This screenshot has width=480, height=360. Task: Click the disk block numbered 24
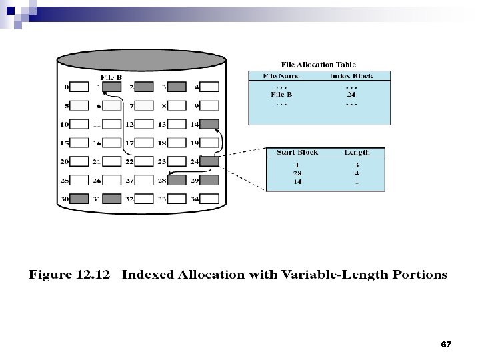(x=209, y=161)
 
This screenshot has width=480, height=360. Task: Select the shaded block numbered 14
(x=209, y=124)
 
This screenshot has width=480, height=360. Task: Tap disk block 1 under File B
(x=112, y=87)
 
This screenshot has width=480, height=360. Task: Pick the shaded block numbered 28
(x=176, y=180)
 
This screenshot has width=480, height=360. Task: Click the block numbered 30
(x=79, y=198)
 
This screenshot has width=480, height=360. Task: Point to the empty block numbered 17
(x=144, y=143)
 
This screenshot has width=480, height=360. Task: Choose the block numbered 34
(x=209, y=198)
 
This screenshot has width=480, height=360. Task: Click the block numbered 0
(x=79, y=87)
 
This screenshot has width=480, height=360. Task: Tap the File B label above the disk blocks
(x=111, y=77)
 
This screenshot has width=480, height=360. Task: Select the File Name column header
(x=282, y=76)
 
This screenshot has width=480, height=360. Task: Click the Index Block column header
(x=351, y=76)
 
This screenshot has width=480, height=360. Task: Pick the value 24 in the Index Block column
(x=351, y=95)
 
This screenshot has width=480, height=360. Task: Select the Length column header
(x=357, y=153)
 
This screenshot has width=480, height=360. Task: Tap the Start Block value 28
(x=297, y=172)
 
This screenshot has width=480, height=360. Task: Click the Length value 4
(x=357, y=172)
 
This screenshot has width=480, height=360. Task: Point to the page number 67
(x=446, y=345)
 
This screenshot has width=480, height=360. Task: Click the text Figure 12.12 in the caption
(x=71, y=275)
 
